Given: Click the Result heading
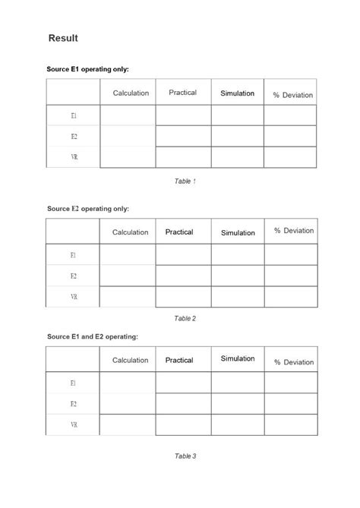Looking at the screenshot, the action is pos(63,38).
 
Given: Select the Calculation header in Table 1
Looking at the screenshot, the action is pos(131,93).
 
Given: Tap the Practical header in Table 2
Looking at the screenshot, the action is pos(179,232).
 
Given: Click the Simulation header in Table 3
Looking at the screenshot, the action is pos(238,358).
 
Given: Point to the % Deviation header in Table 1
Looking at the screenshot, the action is pos(292,95).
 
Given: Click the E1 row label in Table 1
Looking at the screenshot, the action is pos(74,115).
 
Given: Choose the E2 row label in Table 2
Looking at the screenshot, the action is pos(74,276).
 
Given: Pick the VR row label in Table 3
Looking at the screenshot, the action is pos(74,424).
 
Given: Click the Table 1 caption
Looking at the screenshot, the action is pos(185,181).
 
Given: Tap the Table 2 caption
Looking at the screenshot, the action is pos(185,318).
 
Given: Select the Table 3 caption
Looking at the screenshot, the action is pos(185,456).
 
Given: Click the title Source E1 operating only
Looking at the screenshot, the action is pos(88,69).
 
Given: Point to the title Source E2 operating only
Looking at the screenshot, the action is pos(88,208).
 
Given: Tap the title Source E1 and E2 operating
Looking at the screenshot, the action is pos(93,336).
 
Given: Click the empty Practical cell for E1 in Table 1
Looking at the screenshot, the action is pos(183,115).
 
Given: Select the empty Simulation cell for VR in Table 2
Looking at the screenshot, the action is pos(238,297).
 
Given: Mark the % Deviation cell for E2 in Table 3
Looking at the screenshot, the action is pos(291,403).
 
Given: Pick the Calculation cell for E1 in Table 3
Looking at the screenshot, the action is pos(128,383).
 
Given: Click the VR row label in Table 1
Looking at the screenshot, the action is pos(74,157).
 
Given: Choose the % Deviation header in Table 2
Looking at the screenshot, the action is pos(294,231).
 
